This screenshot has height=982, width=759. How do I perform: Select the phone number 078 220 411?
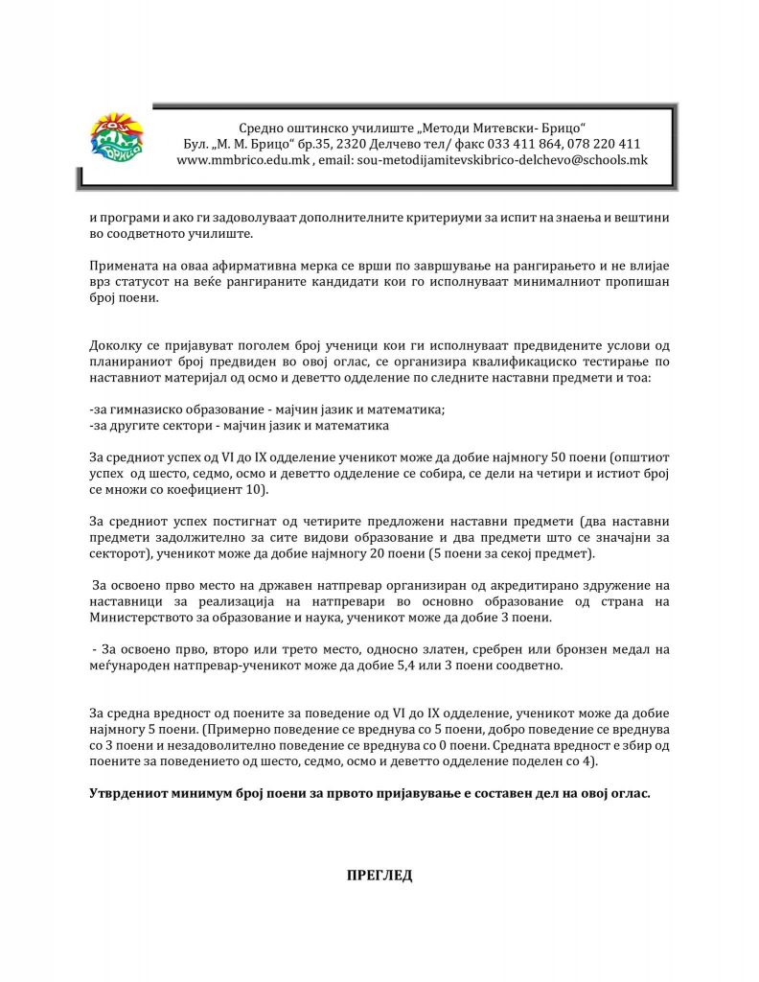[607, 144]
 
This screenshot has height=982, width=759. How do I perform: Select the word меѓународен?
[128, 665]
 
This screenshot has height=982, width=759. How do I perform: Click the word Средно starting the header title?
[261, 128]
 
